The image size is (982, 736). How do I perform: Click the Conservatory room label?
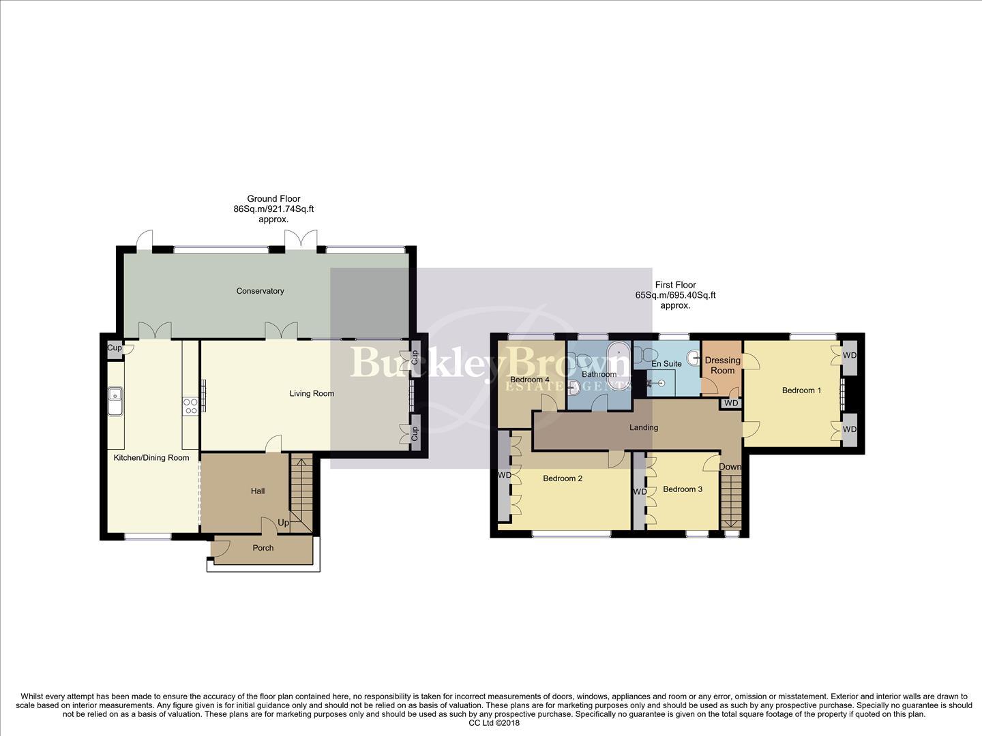(x=260, y=291)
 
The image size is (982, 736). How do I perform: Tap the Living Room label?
(x=312, y=393)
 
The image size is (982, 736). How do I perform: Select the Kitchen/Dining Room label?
(x=151, y=458)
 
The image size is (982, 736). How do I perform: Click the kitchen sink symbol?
(x=115, y=401)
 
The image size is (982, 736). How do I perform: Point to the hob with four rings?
(x=190, y=406)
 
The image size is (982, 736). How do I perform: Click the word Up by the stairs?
(x=283, y=523)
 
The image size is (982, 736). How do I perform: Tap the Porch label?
(x=263, y=548)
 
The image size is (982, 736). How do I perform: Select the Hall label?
(x=258, y=491)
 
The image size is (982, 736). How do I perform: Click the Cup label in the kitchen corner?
(x=115, y=348)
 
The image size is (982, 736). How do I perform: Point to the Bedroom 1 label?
(x=801, y=390)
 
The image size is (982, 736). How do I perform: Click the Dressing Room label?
(x=722, y=365)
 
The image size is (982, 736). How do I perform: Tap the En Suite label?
(x=666, y=364)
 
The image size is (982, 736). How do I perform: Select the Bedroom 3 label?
(x=682, y=489)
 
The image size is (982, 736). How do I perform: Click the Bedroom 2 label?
(x=563, y=478)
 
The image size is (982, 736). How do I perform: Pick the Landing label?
(x=644, y=428)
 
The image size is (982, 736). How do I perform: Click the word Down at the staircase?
(x=730, y=467)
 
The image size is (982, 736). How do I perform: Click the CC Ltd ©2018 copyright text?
(x=494, y=723)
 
